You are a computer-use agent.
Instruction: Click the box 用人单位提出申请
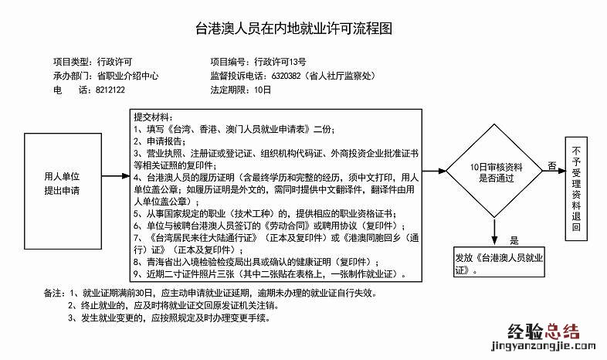(62, 182)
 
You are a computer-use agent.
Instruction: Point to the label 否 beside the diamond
(551, 165)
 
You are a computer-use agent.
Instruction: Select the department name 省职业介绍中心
(127, 76)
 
